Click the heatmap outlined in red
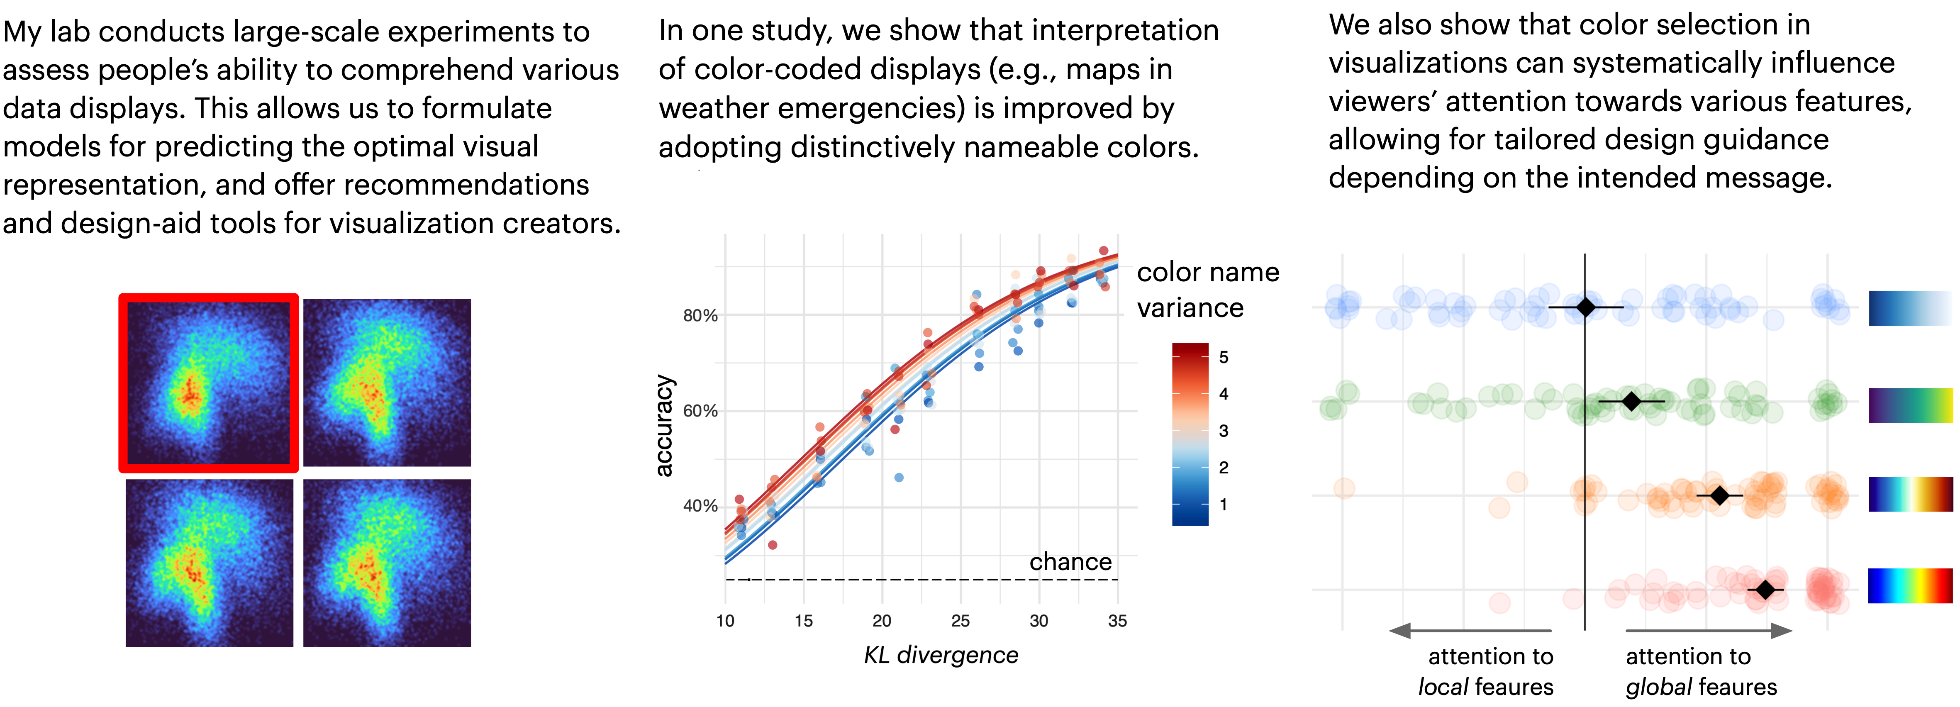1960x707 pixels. point(208,383)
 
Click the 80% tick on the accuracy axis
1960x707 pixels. point(700,315)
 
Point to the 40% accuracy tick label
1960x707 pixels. point(700,506)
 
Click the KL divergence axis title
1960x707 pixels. point(941,655)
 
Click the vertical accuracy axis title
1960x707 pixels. point(664,426)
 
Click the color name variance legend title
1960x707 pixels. point(1207,290)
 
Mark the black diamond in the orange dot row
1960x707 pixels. point(1719,495)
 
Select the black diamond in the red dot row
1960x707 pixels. point(1765,590)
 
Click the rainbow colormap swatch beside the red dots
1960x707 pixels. point(1910,586)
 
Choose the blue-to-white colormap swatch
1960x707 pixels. point(1910,308)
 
